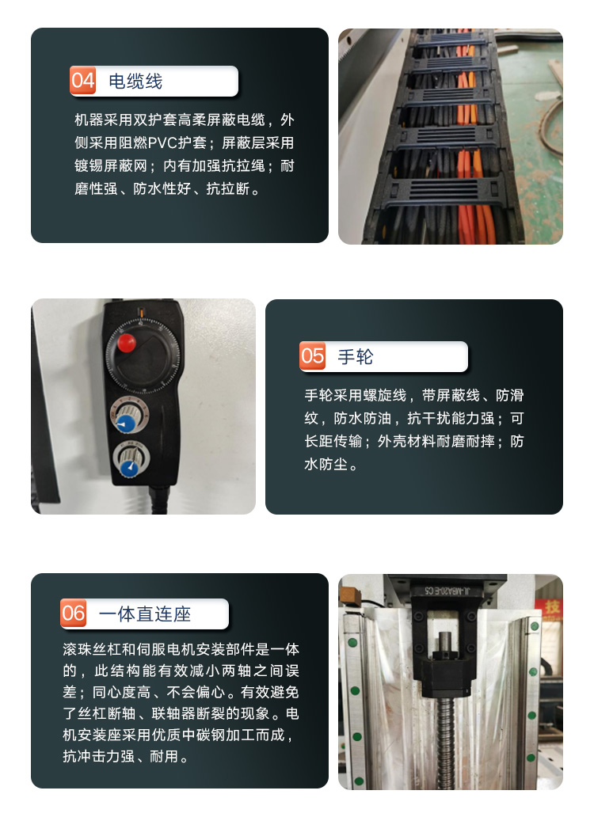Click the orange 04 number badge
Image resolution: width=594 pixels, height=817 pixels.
click(x=83, y=81)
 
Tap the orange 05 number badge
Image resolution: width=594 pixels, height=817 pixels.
click(x=313, y=356)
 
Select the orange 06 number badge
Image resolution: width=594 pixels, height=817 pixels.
click(x=74, y=614)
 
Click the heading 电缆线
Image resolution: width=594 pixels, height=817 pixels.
click(x=135, y=82)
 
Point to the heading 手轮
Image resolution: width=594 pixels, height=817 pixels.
click(x=356, y=357)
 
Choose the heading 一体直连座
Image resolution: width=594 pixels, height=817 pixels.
click(x=145, y=614)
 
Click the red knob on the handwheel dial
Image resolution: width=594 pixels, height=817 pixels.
click(x=126, y=343)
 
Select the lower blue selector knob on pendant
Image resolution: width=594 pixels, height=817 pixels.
click(x=128, y=468)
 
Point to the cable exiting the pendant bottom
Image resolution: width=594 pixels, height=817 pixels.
click(x=158, y=500)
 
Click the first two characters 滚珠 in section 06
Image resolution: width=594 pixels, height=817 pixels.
click(x=77, y=649)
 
